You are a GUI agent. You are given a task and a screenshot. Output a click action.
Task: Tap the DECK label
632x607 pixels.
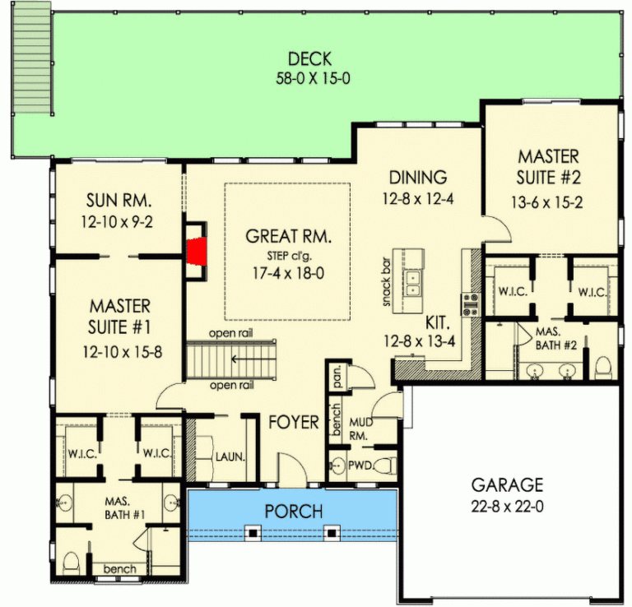pyautogui.click(x=309, y=59)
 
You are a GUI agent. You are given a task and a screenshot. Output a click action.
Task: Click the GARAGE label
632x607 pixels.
pyautogui.click(x=507, y=484)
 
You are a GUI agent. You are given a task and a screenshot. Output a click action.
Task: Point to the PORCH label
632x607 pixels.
pyautogui.click(x=294, y=511)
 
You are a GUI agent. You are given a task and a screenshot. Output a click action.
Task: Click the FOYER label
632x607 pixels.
pyautogui.click(x=294, y=423)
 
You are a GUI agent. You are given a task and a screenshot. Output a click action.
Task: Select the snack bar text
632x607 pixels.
pyautogui.click(x=385, y=284)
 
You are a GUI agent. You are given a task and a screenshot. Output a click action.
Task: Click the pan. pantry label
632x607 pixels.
pyautogui.click(x=338, y=378)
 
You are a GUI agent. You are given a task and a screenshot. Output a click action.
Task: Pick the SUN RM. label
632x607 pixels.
pyautogui.click(x=121, y=201)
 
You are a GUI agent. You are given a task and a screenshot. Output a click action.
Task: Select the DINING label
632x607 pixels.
pyautogui.click(x=417, y=177)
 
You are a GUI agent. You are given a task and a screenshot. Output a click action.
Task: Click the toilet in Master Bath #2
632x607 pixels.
pyautogui.click(x=603, y=365)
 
